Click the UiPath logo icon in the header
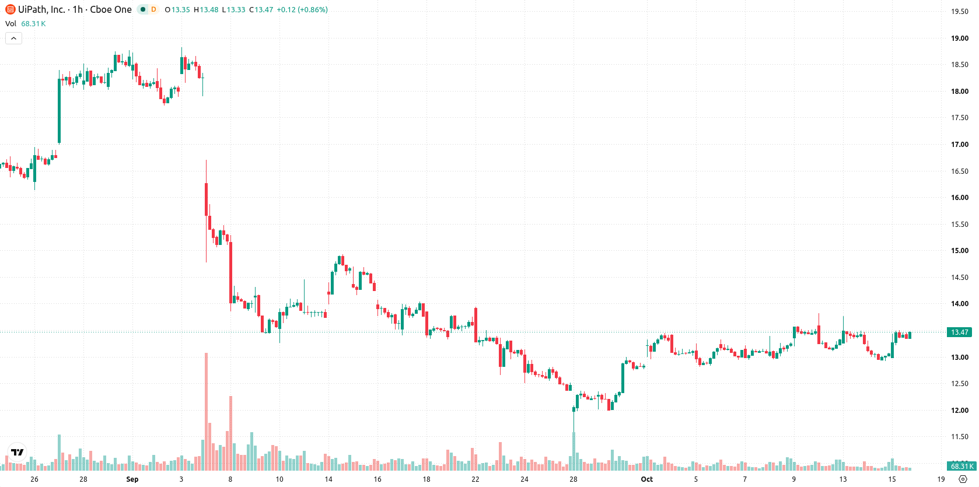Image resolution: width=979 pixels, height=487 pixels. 10,9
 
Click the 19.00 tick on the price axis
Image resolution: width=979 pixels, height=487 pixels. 959,38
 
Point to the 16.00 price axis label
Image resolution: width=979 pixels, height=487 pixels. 959,197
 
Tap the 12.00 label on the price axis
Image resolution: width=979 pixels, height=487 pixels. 959,410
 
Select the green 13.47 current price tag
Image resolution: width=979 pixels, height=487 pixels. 959,332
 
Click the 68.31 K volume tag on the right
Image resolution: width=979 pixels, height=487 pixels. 961,466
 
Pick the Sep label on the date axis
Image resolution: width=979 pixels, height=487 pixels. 132,479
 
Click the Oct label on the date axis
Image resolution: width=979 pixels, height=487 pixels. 647,479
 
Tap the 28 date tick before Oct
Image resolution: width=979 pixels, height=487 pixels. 574,479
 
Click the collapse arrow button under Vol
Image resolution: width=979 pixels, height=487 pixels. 13,38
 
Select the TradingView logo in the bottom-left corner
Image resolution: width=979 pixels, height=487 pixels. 18,452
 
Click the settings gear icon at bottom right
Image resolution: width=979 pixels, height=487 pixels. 963,479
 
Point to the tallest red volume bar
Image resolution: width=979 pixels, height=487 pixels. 207,411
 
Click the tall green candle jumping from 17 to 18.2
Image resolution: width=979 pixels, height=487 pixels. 60,111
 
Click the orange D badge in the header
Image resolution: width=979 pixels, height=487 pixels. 153,9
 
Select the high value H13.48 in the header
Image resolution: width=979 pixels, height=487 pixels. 206,9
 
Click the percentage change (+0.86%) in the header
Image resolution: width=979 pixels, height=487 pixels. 313,9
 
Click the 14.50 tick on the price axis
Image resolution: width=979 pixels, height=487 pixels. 959,278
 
